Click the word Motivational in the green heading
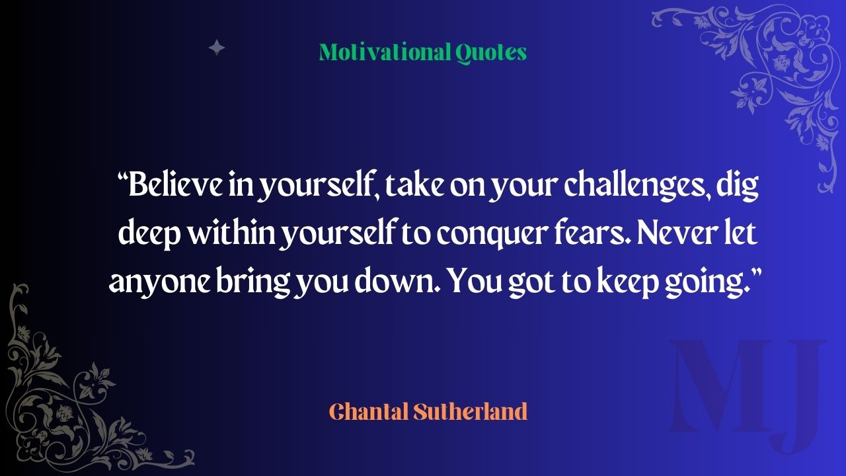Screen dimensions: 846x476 (x=385, y=52)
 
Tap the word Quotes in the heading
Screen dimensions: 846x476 (x=491, y=53)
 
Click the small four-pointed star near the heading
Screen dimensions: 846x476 (x=217, y=48)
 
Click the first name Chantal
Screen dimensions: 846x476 (x=369, y=411)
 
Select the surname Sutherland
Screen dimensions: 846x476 (x=470, y=411)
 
